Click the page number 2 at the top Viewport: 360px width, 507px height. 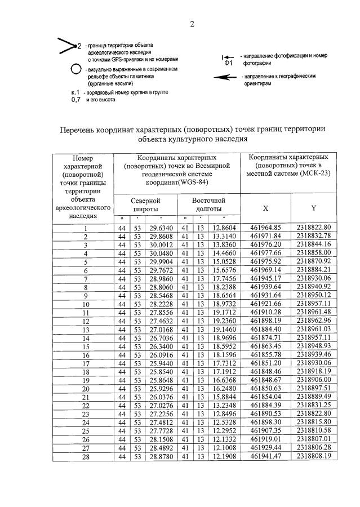click(192, 24)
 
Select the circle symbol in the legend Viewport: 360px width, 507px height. click(75, 70)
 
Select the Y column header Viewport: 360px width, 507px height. click(313, 207)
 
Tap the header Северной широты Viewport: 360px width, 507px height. click(145, 204)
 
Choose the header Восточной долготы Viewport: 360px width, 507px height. click(208, 204)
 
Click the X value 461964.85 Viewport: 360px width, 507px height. click(265, 228)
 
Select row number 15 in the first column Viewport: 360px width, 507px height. click(86, 346)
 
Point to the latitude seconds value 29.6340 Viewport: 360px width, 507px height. click(161, 228)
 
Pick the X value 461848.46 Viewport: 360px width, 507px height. click(265, 372)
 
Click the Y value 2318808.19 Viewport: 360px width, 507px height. click(313, 456)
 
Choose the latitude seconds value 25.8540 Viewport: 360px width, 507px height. click(161, 372)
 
